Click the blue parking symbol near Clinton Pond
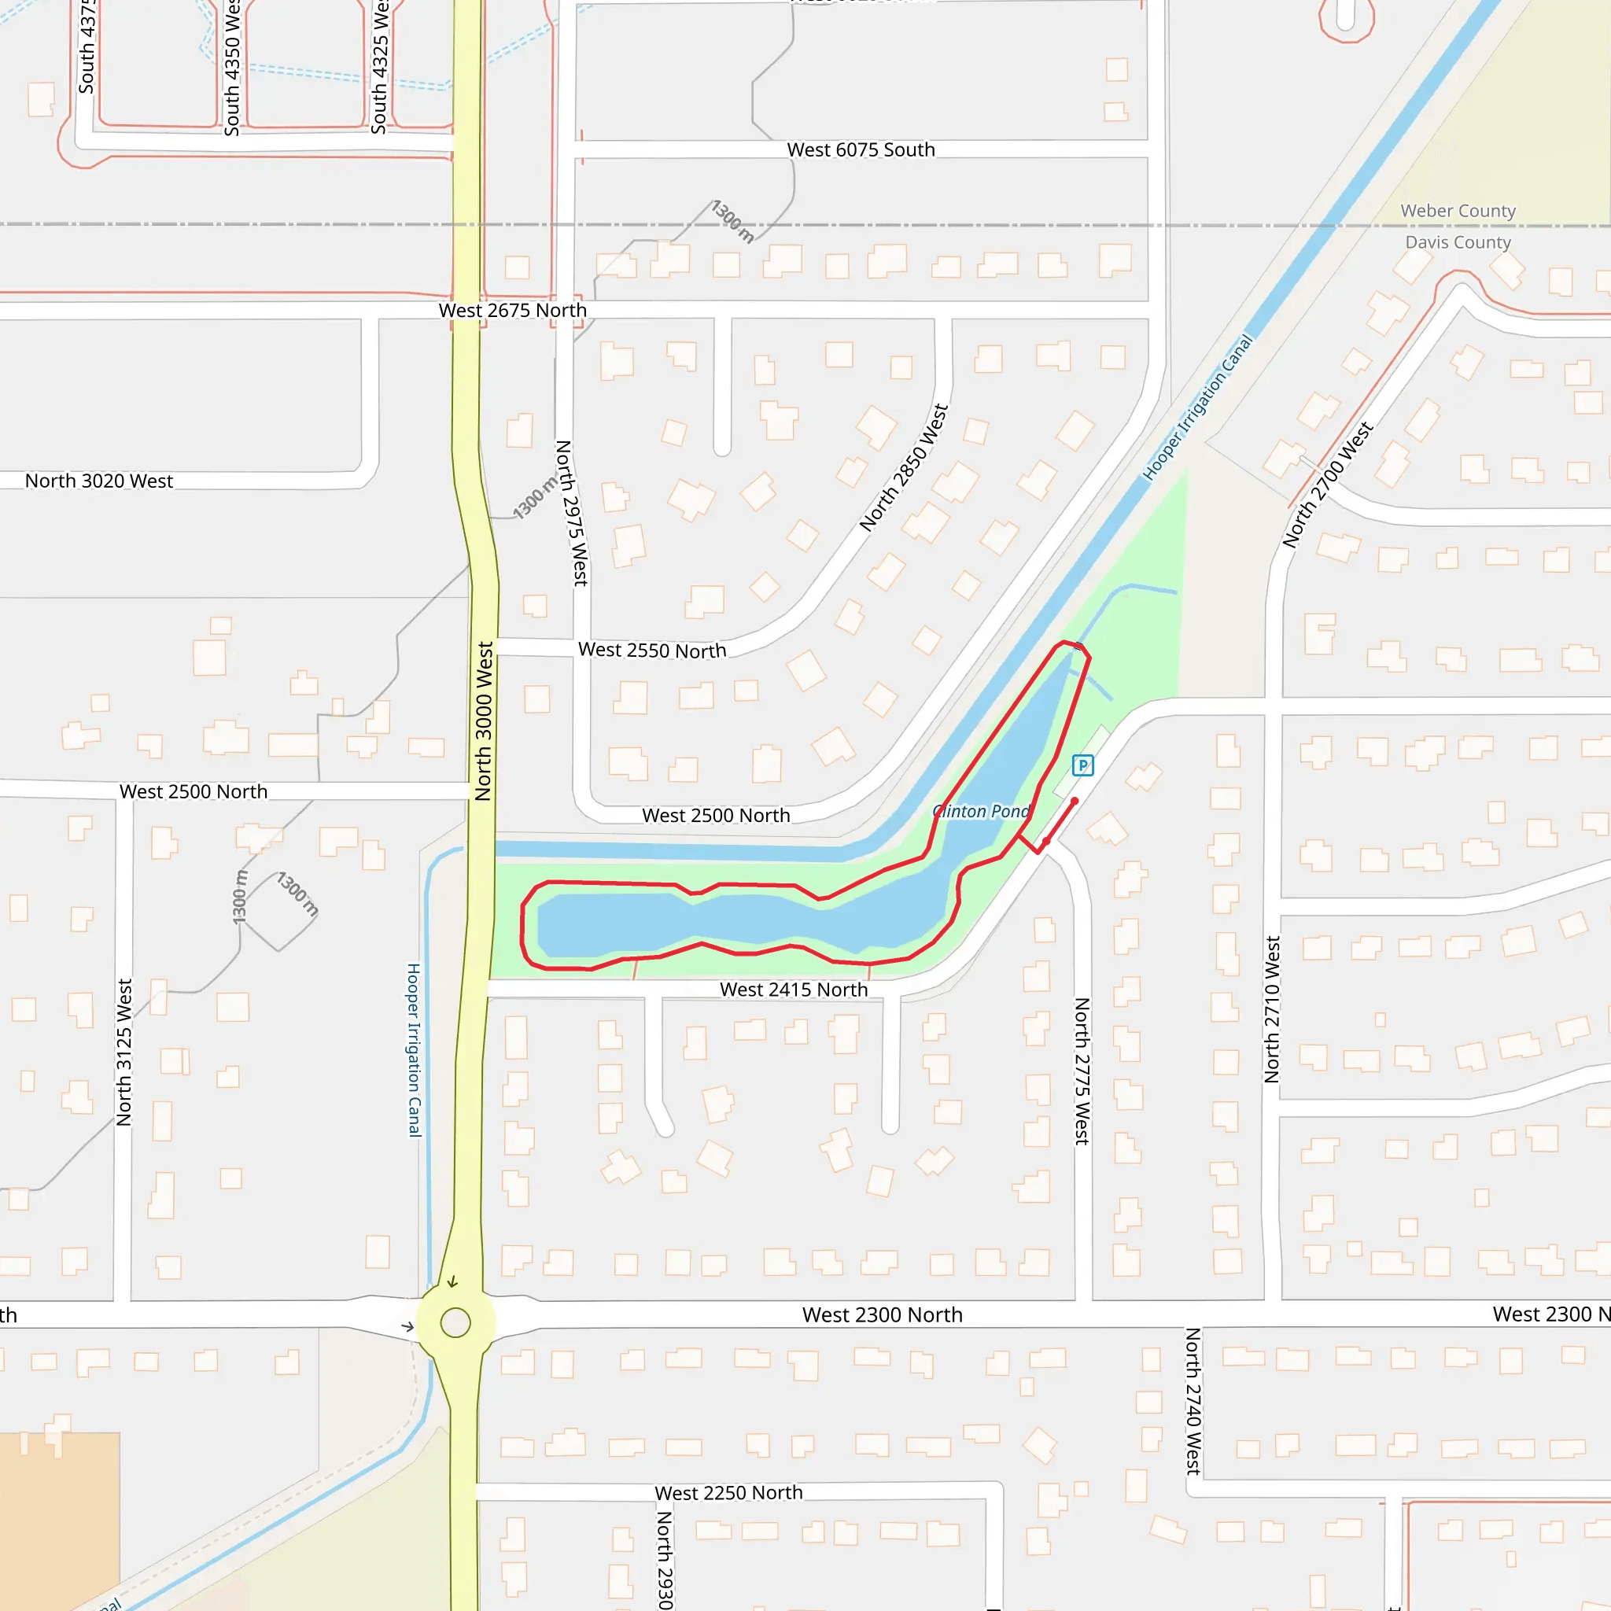1082,765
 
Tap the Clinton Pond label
981,811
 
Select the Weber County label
1458,211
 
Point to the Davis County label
1458,242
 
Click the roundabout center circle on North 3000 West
455,1322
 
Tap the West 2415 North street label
794,990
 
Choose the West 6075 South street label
861,150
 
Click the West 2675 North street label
513,310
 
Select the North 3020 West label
99,481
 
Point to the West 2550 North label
652,651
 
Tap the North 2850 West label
904,468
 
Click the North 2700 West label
1328,485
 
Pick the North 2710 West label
1272,1010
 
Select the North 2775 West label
1082,1071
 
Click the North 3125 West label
124,1052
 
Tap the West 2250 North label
728,1492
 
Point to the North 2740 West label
1193,1402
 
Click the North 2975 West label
572,513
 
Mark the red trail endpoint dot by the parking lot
1075,802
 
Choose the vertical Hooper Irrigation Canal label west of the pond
415,1050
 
